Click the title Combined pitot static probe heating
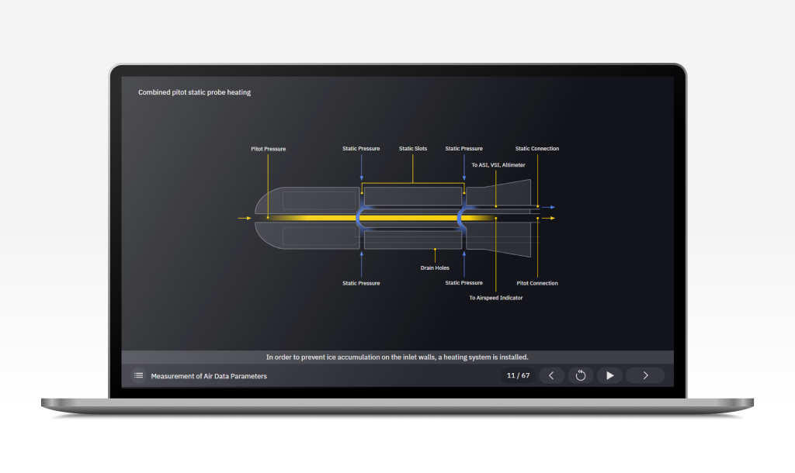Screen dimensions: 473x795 point(194,92)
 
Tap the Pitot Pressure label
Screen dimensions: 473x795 point(268,149)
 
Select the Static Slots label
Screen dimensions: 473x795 point(413,149)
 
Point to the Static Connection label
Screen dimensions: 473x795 point(536,149)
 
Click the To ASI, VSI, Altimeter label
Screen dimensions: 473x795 point(498,165)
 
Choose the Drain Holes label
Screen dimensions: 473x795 point(435,268)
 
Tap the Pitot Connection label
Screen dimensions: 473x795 point(537,283)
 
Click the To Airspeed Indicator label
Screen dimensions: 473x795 point(496,298)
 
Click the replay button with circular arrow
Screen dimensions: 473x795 point(580,375)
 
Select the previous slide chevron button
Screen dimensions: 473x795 point(551,375)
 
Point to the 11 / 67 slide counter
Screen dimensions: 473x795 point(518,375)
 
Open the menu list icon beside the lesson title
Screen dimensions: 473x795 point(138,375)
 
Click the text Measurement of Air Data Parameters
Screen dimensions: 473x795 point(209,376)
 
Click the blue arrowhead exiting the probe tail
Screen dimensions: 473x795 point(552,208)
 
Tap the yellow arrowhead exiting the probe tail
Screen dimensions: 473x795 point(552,219)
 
